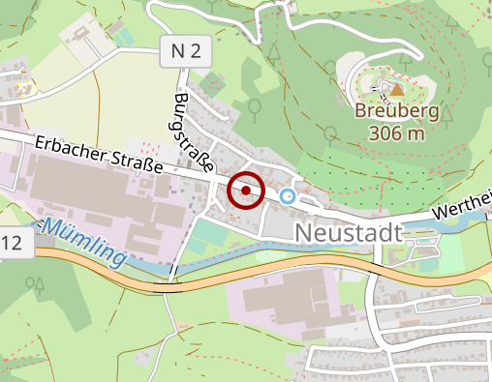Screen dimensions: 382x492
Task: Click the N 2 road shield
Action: (184, 54)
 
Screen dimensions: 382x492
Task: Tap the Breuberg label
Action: (397, 112)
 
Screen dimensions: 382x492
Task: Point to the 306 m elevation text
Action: (397, 133)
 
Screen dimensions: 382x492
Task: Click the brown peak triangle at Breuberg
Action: (397, 90)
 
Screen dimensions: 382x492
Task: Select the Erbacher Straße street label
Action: (98, 154)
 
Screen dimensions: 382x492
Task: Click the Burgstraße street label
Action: (196, 135)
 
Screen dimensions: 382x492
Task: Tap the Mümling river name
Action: (85, 243)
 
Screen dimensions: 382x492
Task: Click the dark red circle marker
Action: (246, 191)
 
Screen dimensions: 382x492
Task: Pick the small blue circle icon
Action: (287, 196)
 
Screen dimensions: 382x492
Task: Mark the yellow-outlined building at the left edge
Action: (23, 86)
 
